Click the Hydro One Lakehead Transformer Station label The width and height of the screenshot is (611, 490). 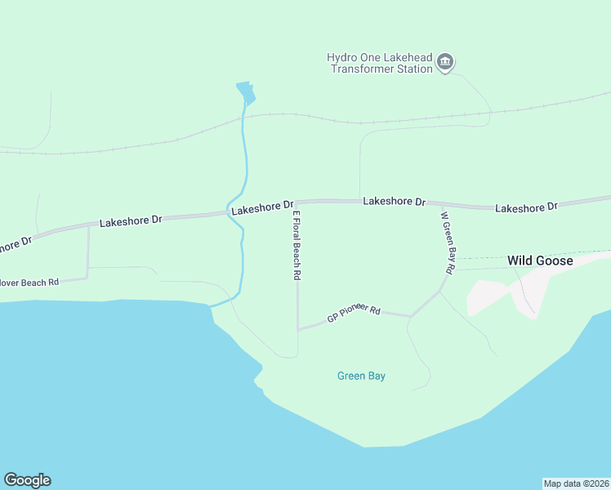click(x=380, y=63)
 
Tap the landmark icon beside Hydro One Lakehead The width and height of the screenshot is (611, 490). click(x=446, y=63)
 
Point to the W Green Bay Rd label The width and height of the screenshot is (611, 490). click(x=447, y=243)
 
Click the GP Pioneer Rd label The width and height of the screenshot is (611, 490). click(x=355, y=314)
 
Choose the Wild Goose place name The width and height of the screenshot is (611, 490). click(x=539, y=261)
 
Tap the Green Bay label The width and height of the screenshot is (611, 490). click(x=361, y=376)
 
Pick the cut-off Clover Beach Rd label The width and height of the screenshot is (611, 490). click(x=29, y=283)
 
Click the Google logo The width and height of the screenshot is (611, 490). click(x=27, y=480)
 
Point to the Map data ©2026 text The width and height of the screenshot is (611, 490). click(x=576, y=483)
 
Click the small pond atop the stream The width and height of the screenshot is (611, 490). click(x=246, y=93)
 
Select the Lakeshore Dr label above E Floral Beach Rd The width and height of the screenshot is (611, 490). click(x=261, y=209)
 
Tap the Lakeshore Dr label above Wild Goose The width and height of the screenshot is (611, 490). click(x=526, y=207)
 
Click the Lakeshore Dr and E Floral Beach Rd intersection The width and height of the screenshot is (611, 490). click(x=296, y=202)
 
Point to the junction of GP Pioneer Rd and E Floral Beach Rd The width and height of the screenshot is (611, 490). click(x=298, y=329)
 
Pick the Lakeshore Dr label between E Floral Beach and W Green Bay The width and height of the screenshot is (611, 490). click(x=395, y=201)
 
